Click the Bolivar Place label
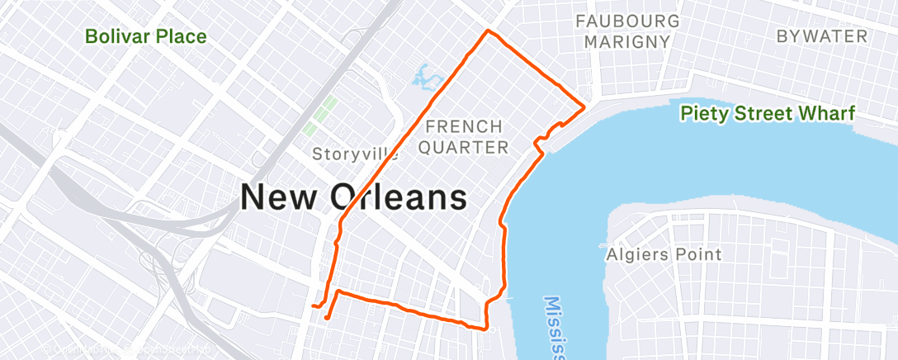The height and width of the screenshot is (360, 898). point(146,36)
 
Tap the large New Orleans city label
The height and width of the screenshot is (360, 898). point(353,198)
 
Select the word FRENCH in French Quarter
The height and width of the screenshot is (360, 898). point(463,127)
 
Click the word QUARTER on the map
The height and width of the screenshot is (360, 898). point(467,148)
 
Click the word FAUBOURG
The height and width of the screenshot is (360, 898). point(628,21)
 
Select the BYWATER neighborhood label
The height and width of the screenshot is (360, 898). point(821,36)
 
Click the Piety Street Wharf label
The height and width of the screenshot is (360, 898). point(766,114)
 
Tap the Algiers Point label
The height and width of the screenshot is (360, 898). point(663,254)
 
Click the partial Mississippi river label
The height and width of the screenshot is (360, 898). point(555,327)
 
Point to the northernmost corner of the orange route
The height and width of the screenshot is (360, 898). point(488,31)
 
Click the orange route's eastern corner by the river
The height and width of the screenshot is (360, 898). point(584,107)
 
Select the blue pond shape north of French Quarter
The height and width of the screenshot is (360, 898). point(424,78)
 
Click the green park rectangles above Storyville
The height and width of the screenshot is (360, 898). point(323,116)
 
